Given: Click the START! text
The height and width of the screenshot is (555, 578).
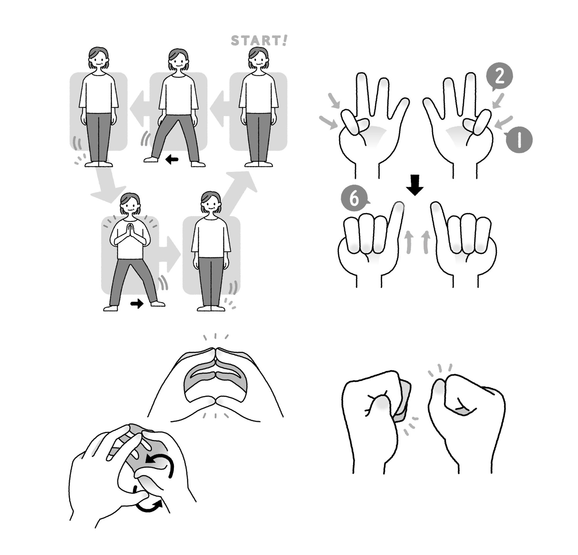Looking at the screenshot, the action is pyautogui.click(x=259, y=41).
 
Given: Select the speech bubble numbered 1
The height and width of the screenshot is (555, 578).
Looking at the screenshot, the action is pyautogui.click(x=519, y=139).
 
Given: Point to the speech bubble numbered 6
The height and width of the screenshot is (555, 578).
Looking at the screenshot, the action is pyautogui.click(x=354, y=199).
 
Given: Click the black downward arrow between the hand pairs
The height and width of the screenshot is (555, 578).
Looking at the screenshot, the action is pyautogui.click(x=415, y=185).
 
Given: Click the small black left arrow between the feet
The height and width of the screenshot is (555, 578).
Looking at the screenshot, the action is pyautogui.click(x=172, y=160).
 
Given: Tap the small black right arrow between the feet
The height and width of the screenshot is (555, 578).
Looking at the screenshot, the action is pyautogui.click(x=137, y=304).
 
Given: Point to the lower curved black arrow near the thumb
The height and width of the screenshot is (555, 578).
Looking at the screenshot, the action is pyautogui.click(x=148, y=504).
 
